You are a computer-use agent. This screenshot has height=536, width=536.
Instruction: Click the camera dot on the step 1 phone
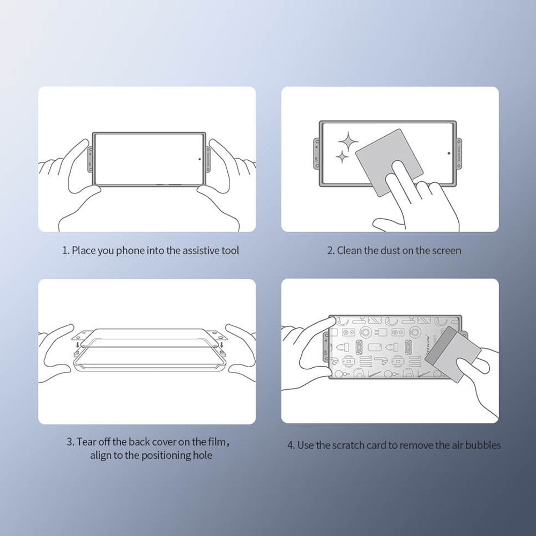coord(199,159)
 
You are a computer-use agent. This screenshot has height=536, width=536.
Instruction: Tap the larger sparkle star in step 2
coord(348,141)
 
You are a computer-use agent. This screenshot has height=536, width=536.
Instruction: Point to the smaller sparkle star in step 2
coord(341,157)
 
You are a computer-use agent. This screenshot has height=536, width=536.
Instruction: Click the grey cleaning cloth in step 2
coord(389,162)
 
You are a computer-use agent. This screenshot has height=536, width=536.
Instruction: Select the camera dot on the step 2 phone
coord(449,153)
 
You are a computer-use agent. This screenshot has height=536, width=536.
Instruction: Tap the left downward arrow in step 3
coord(78,344)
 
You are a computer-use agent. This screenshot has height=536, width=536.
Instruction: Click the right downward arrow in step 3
coord(221,344)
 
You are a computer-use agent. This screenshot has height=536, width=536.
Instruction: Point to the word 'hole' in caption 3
coord(203,455)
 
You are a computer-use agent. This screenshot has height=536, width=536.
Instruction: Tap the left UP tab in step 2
coord(317,153)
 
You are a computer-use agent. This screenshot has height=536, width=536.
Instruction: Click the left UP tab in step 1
coord(90,160)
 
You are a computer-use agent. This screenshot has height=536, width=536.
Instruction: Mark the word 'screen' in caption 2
coord(446,250)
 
